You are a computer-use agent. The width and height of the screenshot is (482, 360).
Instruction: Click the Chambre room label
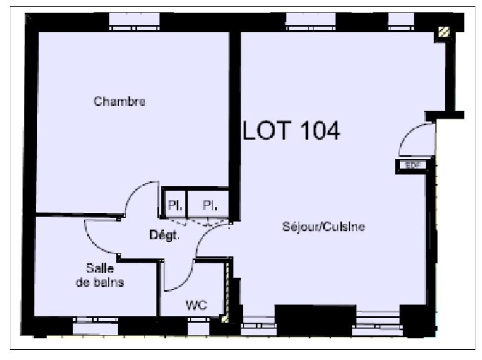[x=120, y=101]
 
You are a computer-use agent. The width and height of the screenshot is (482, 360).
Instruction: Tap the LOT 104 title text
[x=291, y=130]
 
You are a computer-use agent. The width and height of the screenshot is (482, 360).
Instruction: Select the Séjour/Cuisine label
[x=323, y=227]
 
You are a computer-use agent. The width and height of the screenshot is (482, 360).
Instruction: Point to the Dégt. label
[x=164, y=235]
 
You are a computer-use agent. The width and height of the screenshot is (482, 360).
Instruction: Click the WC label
[x=196, y=305]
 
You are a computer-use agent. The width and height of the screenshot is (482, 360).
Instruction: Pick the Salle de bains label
[x=100, y=275]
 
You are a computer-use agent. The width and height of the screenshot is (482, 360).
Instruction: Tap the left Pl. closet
[x=175, y=204]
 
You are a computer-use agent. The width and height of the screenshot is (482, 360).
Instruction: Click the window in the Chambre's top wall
[x=134, y=22]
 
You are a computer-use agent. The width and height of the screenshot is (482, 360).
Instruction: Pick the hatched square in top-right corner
[x=444, y=31]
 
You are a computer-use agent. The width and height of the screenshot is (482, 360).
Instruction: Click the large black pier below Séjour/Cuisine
[x=315, y=320]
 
